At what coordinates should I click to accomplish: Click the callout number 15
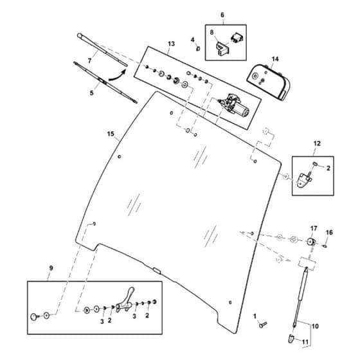111,134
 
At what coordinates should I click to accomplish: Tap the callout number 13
171,44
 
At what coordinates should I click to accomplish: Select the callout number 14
275,59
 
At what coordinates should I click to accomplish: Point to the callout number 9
51,268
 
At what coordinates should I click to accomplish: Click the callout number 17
314,228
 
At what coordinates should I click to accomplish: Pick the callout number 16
329,233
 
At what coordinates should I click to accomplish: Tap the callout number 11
305,342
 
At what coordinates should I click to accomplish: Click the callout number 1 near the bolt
255,316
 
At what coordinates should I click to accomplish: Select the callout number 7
89,61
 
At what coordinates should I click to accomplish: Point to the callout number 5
91,93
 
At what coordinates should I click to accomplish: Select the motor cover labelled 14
269,82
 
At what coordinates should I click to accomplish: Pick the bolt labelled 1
263,325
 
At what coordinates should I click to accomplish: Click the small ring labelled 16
325,246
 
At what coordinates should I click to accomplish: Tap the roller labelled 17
311,242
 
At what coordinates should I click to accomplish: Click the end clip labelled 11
291,339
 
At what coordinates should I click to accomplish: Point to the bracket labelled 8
222,49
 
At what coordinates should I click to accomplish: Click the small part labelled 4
198,49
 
